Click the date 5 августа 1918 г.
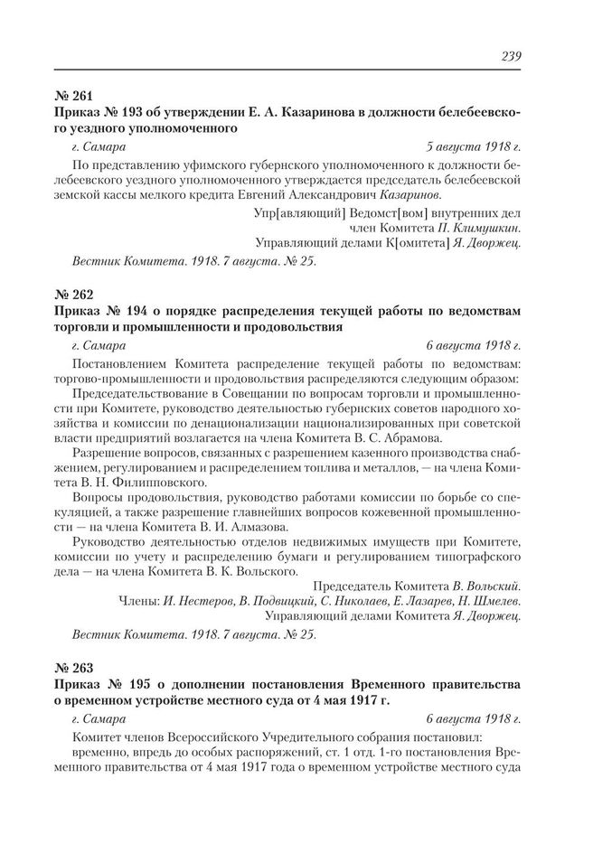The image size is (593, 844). point(474,145)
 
